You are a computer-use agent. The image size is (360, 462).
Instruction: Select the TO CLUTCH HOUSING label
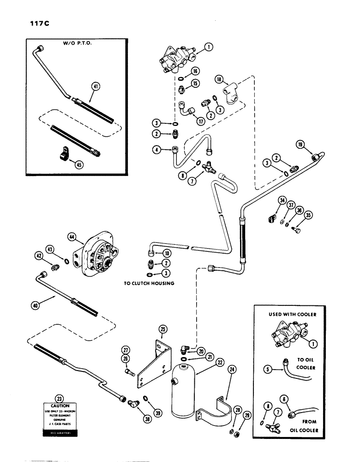click(x=150, y=283)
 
